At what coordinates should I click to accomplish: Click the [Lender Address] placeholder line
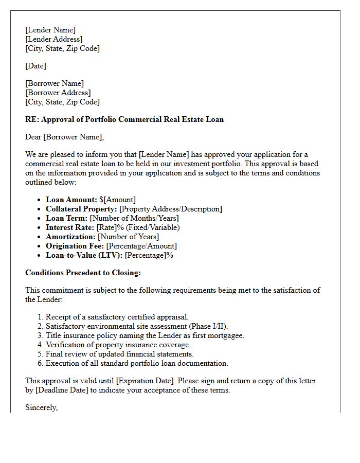click(54, 39)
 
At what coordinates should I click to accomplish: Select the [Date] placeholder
click(35, 66)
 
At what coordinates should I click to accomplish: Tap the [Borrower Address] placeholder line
click(58, 93)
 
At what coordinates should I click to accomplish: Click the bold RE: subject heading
click(124, 119)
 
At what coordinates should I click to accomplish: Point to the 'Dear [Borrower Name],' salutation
click(64, 137)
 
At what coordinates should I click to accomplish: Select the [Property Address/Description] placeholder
click(171, 209)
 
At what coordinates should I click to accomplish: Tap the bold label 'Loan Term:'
click(66, 218)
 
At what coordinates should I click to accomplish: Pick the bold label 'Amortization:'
click(70, 237)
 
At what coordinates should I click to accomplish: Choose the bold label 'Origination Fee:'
click(75, 246)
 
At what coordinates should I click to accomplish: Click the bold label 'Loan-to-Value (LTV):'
click(84, 255)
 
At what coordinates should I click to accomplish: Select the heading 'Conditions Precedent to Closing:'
click(83, 273)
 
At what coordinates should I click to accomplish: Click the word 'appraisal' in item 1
click(172, 317)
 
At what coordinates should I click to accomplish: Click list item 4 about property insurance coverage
click(118, 345)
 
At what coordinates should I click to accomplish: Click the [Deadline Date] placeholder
click(63, 390)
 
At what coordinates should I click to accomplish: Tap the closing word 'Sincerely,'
click(42, 407)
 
